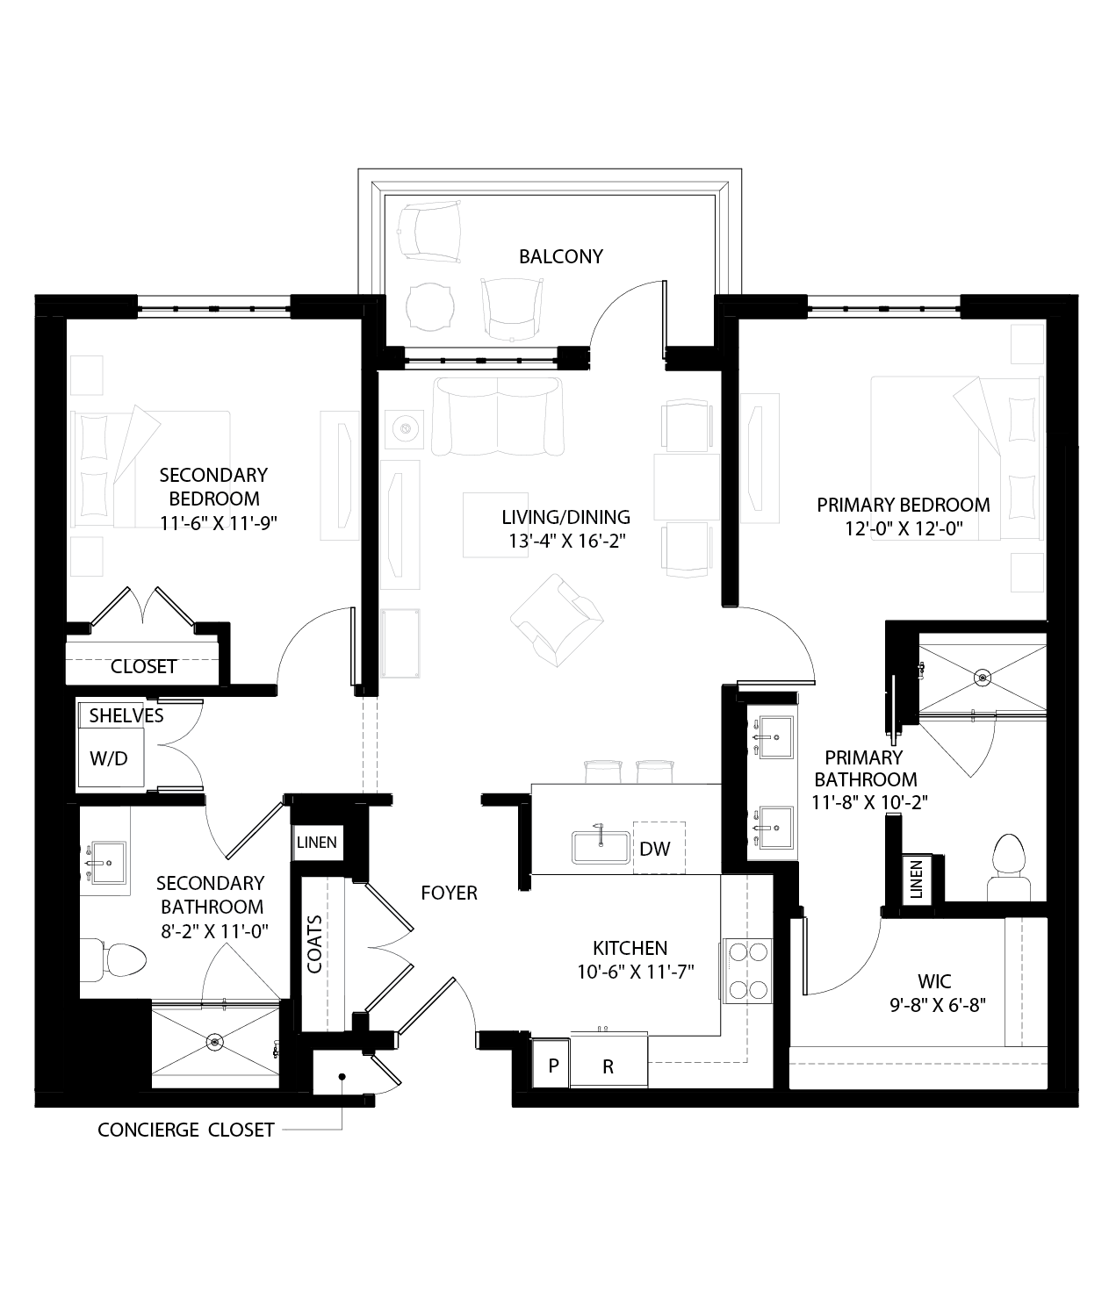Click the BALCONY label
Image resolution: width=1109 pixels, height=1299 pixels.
tap(560, 256)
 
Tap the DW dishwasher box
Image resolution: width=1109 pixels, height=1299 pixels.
tap(654, 849)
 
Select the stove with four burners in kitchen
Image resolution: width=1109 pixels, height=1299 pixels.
tap(746, 970)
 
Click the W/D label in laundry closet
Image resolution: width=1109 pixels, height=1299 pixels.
tap(109, 758)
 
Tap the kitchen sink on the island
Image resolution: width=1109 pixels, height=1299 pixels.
tap(601, 847)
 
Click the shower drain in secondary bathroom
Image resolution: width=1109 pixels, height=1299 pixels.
tap(215, 1042)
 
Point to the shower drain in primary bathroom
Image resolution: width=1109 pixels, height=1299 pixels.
tap(982, 677)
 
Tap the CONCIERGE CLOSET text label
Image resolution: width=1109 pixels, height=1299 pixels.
tap(186, 1130)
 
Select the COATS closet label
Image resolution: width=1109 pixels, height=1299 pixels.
tap(314, 944)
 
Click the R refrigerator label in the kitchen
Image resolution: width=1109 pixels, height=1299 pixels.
tap(608, 1067)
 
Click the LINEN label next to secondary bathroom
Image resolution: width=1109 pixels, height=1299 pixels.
tap(316, 843)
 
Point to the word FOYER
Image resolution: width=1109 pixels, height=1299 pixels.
tap(449, 893)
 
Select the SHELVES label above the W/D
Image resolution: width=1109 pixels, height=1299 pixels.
tap(126, 715)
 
